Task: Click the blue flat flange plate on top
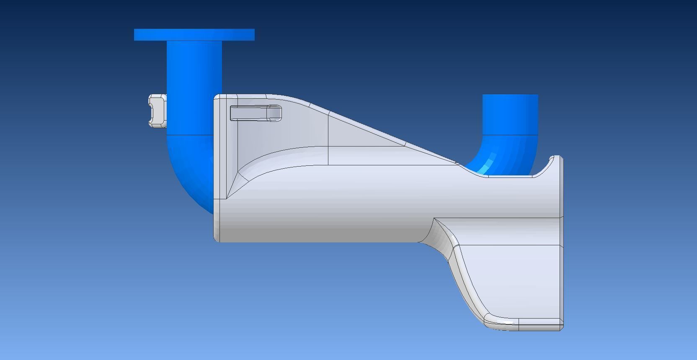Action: coord(194,35)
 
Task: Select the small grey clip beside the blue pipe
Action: coord(157,111)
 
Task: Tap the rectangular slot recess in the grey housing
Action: coord(256,113)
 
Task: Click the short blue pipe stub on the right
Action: coord(510,114)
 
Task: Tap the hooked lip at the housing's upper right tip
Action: coord(556,159)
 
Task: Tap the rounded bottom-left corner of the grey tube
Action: coord(217,239)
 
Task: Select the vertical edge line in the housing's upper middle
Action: coord(328,138)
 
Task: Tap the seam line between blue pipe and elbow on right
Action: coord(510,134)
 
